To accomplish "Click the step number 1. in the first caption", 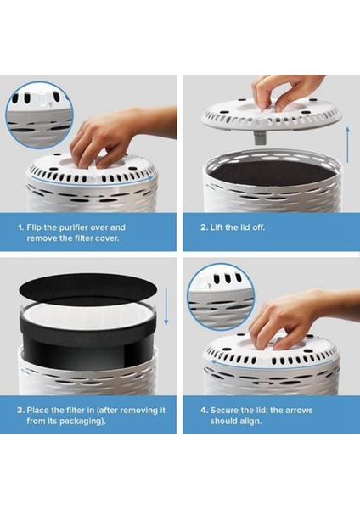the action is tap(20, 227).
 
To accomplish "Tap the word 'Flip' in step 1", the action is tap(34, 227).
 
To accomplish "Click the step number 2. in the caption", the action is tap(204, 227).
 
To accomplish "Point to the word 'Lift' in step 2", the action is tap(217, 227).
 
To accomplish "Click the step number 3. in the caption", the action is tap(20, 411).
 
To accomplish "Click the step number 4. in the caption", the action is tap(204, 411).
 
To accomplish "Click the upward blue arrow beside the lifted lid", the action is tap(347, 144).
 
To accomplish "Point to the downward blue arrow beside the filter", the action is tap(166, 307).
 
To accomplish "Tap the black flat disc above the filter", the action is tap(88, 288).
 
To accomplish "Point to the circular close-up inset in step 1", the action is tap(39, 115).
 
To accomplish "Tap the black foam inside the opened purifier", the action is tap(273, 173).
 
